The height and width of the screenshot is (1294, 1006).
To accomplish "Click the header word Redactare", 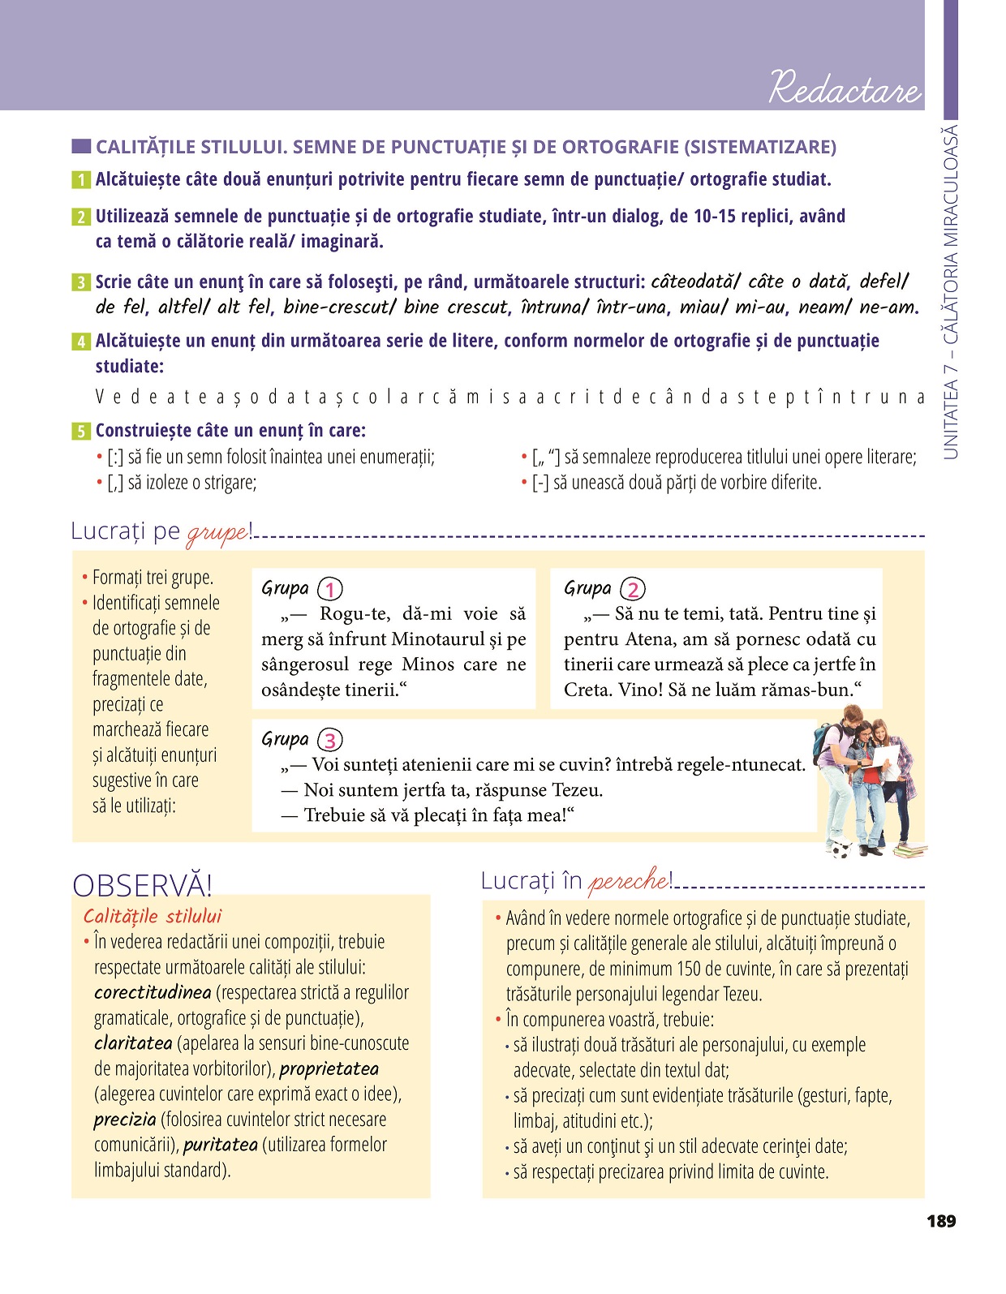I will pos(845,87).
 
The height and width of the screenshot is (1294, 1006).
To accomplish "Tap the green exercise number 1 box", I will pos(80,180).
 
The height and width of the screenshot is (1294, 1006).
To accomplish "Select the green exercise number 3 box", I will pos(80,283).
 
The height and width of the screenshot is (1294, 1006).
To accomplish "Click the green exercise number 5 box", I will pos(80,432).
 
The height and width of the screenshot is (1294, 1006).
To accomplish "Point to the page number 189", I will pos(941,1221).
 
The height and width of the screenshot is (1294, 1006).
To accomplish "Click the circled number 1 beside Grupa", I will pos(330,589).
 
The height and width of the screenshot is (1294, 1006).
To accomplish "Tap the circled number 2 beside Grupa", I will pos(633,589).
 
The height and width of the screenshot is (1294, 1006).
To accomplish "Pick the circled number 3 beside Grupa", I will pos(330,740).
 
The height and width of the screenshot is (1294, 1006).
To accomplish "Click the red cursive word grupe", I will pos(217,533).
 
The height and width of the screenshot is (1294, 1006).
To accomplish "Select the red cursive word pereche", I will pos(629,881).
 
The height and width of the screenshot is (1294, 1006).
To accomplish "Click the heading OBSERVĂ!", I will pos(142,885).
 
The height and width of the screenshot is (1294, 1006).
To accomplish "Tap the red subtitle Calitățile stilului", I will pos(153,916).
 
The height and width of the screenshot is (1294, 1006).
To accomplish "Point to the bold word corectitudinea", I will pos(153,992).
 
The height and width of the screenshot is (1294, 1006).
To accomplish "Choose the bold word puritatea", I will pos(220,1145).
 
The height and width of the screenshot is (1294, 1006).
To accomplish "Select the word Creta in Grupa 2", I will pos(587,690).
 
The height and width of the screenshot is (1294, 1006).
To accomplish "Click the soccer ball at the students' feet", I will pos(843,849).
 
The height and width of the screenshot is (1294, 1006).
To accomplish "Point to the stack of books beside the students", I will pos(911,850).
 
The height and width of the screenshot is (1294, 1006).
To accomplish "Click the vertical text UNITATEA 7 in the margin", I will pos(951,414).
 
